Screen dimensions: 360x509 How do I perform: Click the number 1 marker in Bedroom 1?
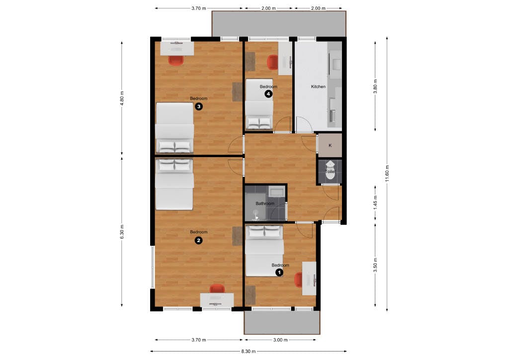(x=279, y=272)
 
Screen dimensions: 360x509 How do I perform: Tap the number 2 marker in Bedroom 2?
(x=198, y=240)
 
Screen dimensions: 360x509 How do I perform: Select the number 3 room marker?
(x=198, y=106)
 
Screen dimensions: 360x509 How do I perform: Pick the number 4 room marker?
(x=268, y=93)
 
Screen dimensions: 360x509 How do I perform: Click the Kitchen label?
(x=318, y=87)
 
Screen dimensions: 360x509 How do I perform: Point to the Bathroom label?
(x=265, y=203)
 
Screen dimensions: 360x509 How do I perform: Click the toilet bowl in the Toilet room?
(x=330, y=174)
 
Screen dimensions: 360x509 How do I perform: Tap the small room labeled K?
(x=330, y=146)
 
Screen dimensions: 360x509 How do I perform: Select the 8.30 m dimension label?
(x=250, y=351)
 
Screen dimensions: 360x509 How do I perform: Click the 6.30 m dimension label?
(x=122, y=231)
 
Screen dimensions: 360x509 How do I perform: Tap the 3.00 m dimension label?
(x=280, y=340)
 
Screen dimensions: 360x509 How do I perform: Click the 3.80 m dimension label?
(x=375, y=86)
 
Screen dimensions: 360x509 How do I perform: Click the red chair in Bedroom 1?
(x=298, y=279)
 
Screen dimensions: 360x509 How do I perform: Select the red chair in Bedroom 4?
(x=272, y=62)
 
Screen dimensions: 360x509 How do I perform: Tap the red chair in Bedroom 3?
(x=176, y=60)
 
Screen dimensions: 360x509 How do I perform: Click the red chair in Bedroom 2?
(x=217, y=288)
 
